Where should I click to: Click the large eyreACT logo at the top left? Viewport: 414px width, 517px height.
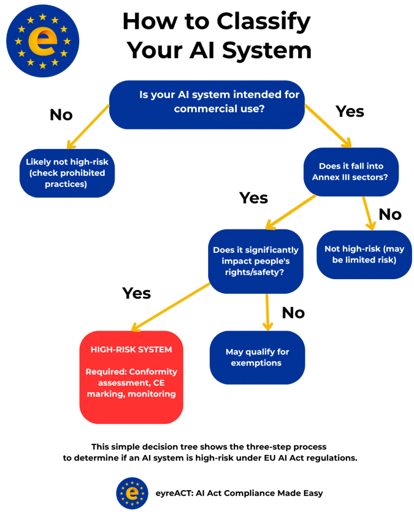coord(42,41)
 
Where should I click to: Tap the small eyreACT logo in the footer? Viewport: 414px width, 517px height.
coord(132,493)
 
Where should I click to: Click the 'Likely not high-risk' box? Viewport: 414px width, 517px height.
coord(67,173)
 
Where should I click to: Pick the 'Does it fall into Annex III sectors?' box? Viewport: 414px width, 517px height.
coord(351,172)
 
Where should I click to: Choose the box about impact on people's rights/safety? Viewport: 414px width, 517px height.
coord(255,261)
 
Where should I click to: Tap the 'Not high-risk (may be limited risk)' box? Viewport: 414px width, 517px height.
coord(364,254)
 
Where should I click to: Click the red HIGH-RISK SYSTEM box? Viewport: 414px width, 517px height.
coord(131,377)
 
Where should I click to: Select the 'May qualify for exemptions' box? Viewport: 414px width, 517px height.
coord(257,357)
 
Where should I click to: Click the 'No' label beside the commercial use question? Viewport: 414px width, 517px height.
coord(61,115)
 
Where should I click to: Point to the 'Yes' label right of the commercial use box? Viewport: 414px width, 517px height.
coord(350,111)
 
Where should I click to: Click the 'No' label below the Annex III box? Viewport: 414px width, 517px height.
coord(390,215)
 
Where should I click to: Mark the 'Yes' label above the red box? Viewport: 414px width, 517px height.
coord(136,293)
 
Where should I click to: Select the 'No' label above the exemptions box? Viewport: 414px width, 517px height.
coord(293,313)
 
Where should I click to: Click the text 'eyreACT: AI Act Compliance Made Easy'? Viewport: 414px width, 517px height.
coord(239,493)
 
